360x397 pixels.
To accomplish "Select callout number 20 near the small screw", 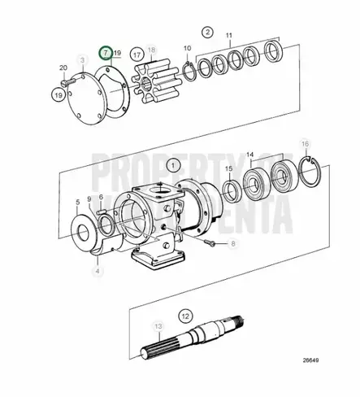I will point(63,68).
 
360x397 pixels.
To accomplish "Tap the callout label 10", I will point(188,49).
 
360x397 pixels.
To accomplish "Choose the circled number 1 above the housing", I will point(171,164).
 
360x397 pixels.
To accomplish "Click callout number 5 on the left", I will point(79,201).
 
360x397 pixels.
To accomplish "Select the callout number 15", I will point(228,191).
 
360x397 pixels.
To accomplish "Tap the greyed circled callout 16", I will point(305,168).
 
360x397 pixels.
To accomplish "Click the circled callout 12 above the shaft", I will point(184,314).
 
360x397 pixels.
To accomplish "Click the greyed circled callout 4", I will point(97,270).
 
